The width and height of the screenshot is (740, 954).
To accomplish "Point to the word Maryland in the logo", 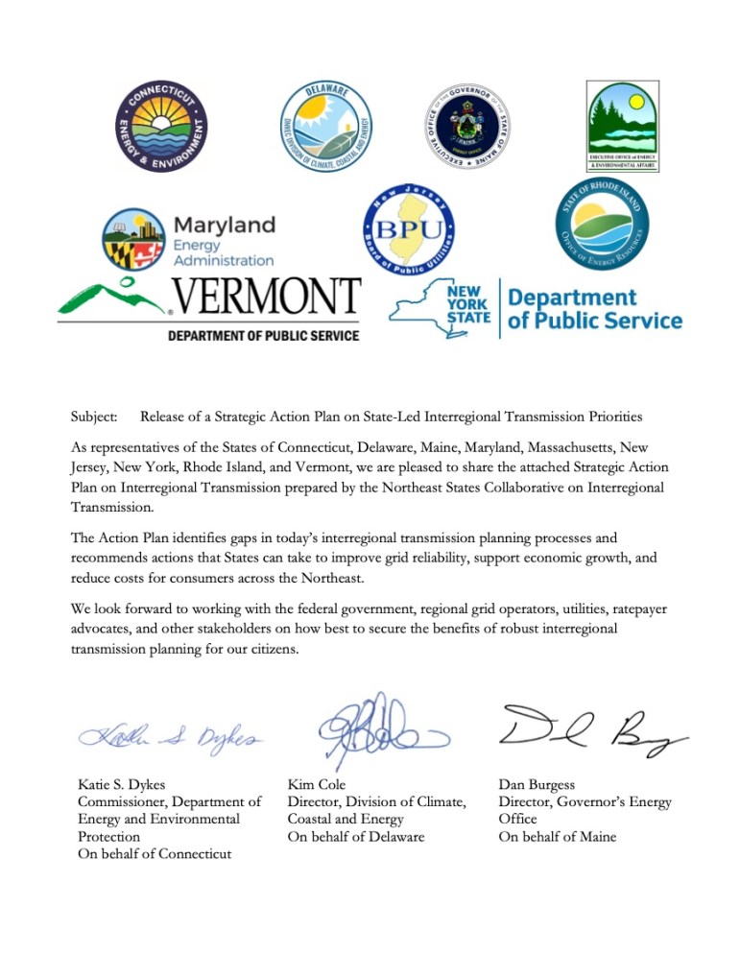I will pyautogui.click(x=224, y=225).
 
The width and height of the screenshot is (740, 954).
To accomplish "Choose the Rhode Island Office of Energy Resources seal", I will pyautogui.click(x=603, y=223).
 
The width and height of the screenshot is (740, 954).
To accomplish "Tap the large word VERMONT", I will pyautogui.click(x=265, y=299).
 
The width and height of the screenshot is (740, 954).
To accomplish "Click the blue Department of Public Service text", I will pyautogui.click(x=594, y=309).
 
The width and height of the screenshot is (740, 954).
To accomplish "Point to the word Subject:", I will pyautogui.click(x=94, y=417).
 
